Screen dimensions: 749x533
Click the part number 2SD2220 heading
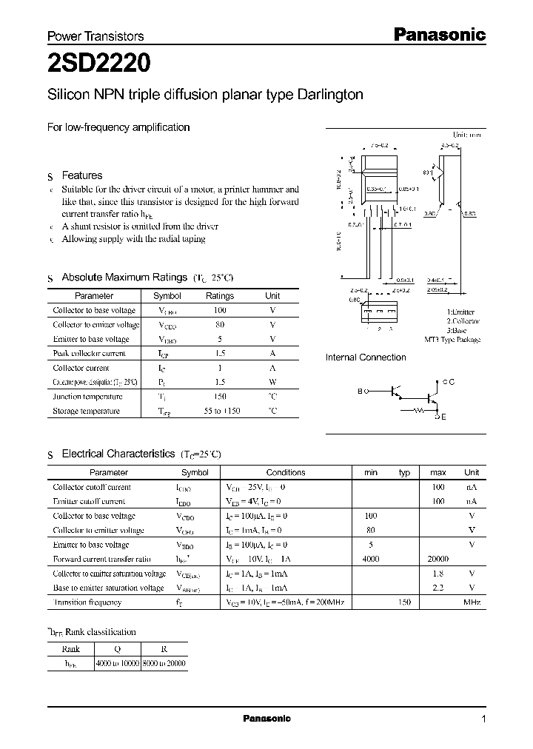pos(100,64)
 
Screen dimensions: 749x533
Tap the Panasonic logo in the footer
pos(267,719)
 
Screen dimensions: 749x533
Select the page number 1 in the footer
pos(483,719)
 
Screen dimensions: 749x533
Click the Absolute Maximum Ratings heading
pos(124,278)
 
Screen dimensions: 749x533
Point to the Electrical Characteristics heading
pos(118,454)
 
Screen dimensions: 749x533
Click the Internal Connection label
pos(366,357)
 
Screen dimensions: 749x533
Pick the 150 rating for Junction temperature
pos(219,397)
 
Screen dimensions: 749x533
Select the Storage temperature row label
pos(86,411)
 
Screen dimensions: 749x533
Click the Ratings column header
pos(219,296)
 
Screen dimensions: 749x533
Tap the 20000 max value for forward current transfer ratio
pos(438,560)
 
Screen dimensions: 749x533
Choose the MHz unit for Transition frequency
pos(472,602)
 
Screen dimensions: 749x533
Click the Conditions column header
pos(286,472)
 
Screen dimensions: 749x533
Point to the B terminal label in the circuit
pos(361,390)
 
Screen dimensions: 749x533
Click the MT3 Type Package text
pos(452,340)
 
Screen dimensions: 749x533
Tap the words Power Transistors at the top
pos(95,36)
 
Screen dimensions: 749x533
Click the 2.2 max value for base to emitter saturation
pos(438,588)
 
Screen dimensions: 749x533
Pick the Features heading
pos(81,176)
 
